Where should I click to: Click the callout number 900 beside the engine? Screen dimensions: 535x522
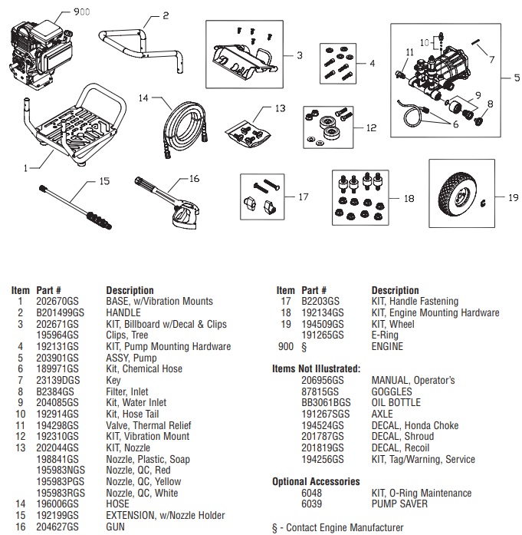pos(80,13)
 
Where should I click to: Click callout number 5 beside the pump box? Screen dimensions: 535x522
pos(507,78)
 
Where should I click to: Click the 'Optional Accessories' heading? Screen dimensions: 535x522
pos(316,481)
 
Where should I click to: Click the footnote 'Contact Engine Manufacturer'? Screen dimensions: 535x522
pos(342,528)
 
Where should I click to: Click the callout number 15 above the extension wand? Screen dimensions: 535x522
pos(104,182)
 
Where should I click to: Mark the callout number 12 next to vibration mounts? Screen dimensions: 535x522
pos(370,127)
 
